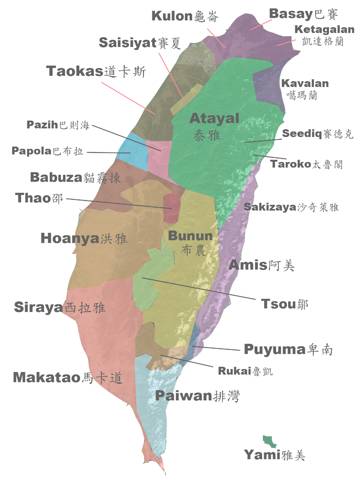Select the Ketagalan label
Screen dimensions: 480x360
point(324,31)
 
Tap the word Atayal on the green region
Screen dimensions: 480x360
point(214,118)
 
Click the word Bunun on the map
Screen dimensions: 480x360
point(189,235)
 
